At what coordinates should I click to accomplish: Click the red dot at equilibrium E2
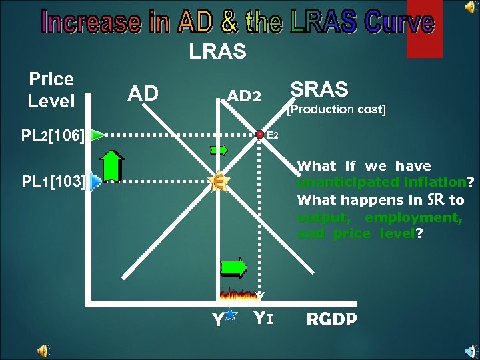coord(260,135)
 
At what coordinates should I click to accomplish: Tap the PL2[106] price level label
coord(53,136)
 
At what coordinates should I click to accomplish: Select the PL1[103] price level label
coord(53,181)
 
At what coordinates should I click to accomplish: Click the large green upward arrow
coord(112,165)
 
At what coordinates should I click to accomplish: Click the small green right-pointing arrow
coord(219,150)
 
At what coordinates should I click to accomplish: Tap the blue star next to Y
coord(231,315)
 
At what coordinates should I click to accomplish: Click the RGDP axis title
coord(331,319)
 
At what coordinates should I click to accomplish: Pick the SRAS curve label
coord(319,89)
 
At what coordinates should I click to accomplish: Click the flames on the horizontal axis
coord(239,293)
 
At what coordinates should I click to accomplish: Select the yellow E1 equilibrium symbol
coord(217,181)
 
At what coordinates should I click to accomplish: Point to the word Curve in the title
coord(399,22)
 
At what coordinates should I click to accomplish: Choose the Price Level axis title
coord(51,91)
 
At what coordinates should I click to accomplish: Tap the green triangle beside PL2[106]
coord(97,135)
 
